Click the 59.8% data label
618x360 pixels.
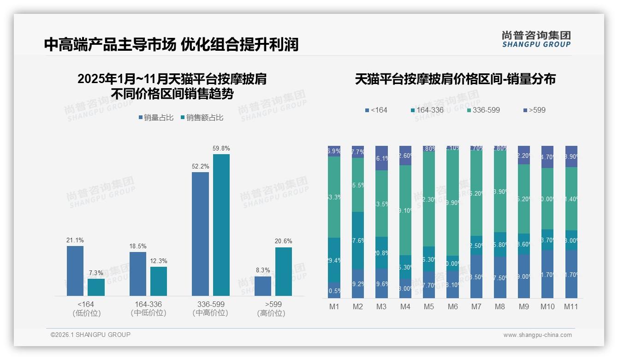(221, 149)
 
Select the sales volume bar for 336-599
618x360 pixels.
(200, 234)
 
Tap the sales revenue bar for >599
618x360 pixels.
(284, 271)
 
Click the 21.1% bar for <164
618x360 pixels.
(75, 270)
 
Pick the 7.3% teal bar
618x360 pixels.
(96, 287)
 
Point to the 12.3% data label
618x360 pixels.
(159, 261)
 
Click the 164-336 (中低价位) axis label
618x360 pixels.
(148, 309)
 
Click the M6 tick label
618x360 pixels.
(452, 306)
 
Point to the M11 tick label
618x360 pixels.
(571, 306)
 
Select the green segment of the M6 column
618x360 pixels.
(452, 203)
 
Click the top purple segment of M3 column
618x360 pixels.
(381, 158)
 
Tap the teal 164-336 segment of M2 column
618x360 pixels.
(358, 240)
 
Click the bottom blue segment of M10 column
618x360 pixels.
(547, 274)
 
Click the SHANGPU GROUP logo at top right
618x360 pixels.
(536, 39)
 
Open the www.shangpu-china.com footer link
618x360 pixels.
(537, 335)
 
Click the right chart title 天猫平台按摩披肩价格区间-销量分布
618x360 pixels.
(455, 79)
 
